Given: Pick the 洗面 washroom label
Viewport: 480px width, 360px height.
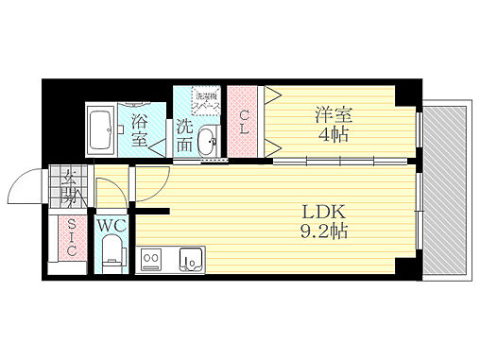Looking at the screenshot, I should (184, 136).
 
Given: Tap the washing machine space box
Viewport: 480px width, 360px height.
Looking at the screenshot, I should (207, 102).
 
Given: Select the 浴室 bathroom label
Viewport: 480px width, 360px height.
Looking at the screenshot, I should (140, 129).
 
